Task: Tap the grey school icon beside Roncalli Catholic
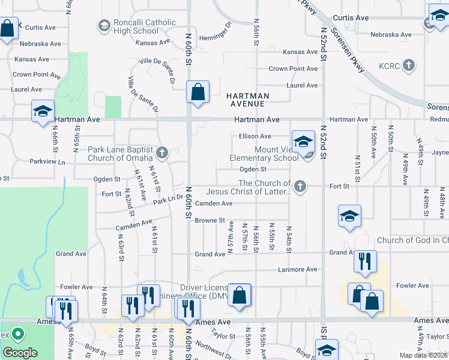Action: pos(104,25)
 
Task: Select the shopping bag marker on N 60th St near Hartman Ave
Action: pos(197,93)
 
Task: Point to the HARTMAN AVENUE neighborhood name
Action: pos(248,100)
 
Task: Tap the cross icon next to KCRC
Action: pos(408,65)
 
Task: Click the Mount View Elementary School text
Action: pos(264,154)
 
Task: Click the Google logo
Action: pos(20,353)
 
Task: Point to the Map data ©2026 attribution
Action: pos(423,355)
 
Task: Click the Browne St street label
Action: pos(209,221)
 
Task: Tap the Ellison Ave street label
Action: pos(255,136)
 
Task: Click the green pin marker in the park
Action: pos(18,334)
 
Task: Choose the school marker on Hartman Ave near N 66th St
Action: pos(43,112)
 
